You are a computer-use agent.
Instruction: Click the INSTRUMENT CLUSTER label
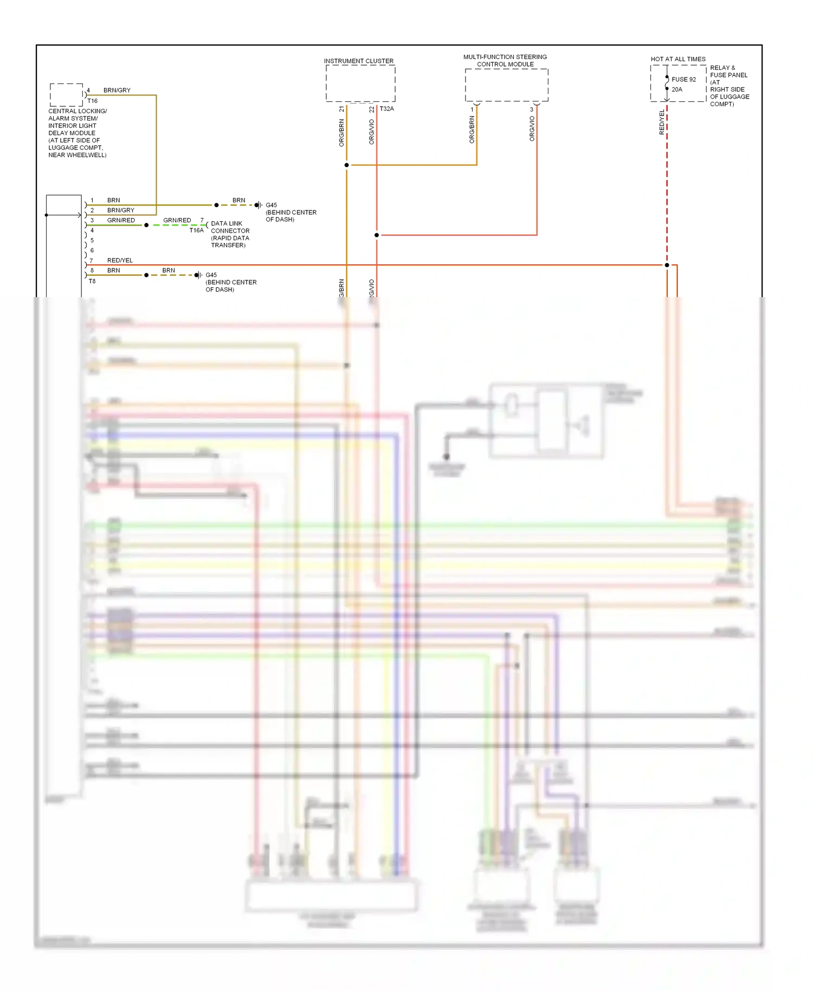359,61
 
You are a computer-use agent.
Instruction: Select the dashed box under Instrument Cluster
360,83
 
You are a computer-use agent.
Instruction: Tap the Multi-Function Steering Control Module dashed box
506,85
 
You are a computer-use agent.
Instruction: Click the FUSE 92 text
683,80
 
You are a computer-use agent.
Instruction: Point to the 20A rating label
677,89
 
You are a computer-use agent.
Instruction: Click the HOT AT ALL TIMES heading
678,59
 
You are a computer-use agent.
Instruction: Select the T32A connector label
386,109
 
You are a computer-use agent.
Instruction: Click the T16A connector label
196,230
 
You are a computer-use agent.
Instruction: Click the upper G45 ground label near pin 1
271,205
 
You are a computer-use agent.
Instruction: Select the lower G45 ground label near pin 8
211,275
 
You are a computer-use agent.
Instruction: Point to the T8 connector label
92,281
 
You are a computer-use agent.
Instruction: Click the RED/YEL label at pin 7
120,261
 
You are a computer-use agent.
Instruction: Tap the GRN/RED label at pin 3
121,221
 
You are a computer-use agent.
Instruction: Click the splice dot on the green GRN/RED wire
146,225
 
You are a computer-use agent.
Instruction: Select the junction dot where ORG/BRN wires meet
346,165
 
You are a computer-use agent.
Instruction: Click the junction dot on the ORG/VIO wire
377,235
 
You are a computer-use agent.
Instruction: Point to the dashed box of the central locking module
66,95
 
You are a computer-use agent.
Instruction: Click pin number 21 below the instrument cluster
341,109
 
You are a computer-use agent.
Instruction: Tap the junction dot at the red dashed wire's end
667,265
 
